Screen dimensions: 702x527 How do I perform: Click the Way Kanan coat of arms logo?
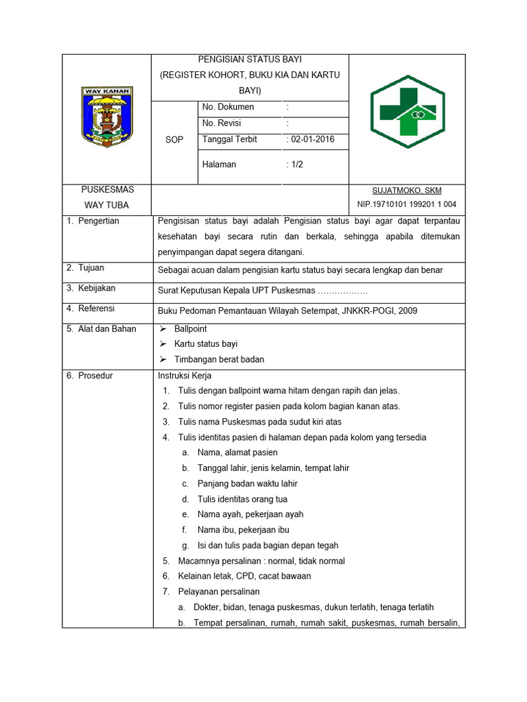pyautogui.click(x=107, y=117)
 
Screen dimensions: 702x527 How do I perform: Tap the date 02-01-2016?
pyautogui.click(x=312, y=139)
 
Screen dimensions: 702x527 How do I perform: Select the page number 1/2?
pyautogui.click(x=297, y=165)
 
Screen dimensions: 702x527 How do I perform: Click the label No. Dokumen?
pyautogui.click(x=228, y=107)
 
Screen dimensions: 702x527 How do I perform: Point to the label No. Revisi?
pyautogui.click(x=223, y=123)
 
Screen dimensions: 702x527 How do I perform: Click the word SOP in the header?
pyautogui.click(x=174, y=140)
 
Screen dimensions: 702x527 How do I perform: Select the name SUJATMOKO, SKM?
pyautogui.click(x=406, y=191)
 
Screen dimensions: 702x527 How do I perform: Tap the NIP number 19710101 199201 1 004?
pyautogui.click(x=406, y=204)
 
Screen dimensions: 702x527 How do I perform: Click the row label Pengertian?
pyautogui.click(x=98, y=221)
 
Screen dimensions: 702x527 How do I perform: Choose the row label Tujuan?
pyautogui.click(x=91, y=268)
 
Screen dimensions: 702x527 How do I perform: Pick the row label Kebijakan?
pyautogui.click(x=96, y=289)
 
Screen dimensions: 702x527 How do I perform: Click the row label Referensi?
pyautogui.click(x=96, y=308)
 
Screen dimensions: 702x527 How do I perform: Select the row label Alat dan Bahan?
pyautogui.click(x=106, y=329)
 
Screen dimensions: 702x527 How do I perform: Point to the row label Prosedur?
pyautogui.click(x=95, y=376)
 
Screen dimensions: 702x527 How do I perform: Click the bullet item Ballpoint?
pyautogui.click(x=190, y=329)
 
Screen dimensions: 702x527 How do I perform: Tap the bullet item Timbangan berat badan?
pyautogui.click(x=219, y=359)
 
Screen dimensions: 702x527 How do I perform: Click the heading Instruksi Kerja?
pyautogui.click(x=185, y=376)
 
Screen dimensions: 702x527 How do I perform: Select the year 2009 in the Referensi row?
pyautogui.click(x=407, y=311)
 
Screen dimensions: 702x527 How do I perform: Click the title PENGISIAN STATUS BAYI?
pyautogui.click(x=250, y=60)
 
